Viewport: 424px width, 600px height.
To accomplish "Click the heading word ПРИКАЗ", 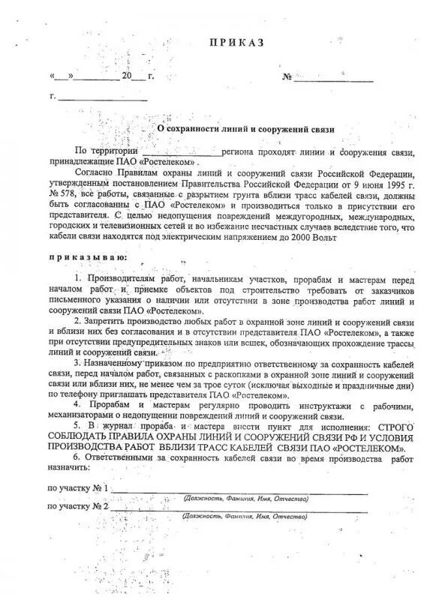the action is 237,43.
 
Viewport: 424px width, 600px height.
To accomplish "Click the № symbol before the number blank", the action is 286,76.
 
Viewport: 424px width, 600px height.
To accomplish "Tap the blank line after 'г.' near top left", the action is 102,97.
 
